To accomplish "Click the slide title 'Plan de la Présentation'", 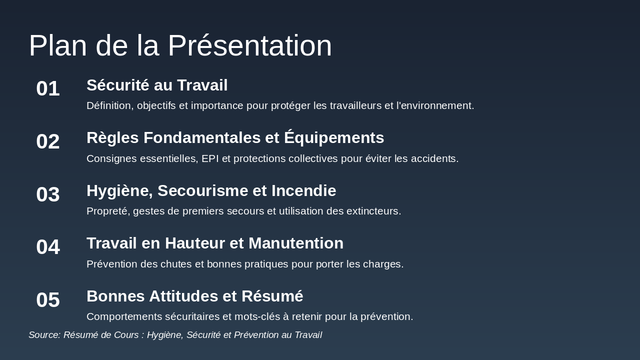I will (180, 45).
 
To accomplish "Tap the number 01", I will (48, 88).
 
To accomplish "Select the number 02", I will (48, 141).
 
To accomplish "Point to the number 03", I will (48, 194).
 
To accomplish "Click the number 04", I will (48, 247).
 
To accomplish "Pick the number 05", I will (48, 300).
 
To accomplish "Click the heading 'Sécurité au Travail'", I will (157, 85).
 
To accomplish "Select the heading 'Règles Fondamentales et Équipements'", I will (235, 137).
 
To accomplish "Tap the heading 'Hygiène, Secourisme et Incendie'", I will (211, 190).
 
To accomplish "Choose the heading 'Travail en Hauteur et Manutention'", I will (215, 243).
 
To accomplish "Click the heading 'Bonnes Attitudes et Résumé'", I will (194, 296).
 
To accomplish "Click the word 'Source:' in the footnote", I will (44, 335).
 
